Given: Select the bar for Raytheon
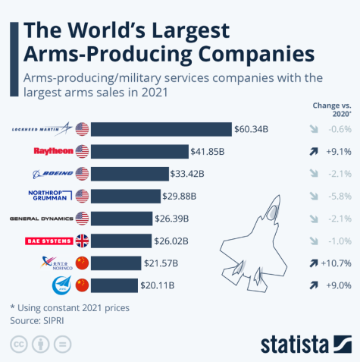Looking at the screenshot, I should tap(140, 151).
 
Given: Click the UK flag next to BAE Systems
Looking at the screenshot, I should tap(82, 241).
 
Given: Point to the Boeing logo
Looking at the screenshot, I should tap(51, 173).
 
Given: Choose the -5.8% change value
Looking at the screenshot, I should tap(333, 196).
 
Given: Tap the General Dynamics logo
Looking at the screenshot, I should tap(41, 219).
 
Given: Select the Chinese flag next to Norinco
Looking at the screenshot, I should tap(82, 263).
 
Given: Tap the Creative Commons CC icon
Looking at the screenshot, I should tap(17, 344).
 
